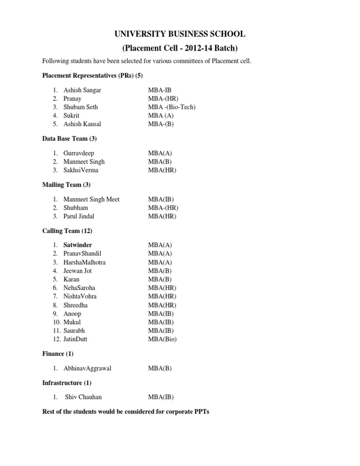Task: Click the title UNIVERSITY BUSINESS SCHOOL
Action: coord(180,34)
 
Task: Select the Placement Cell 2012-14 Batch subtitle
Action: coord(180,48)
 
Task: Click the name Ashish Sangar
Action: coord(82,90)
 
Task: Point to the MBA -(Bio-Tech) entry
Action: coord(172,107)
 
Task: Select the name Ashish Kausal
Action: coord(82,124)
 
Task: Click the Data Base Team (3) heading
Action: coord(69,139)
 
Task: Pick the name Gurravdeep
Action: coord(78,153)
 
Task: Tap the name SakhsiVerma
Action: coord(81,170)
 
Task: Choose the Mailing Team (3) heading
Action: coord(66,185)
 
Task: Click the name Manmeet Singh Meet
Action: coord(91,199)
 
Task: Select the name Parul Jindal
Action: coord(79,216)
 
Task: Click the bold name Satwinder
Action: coord(78,245)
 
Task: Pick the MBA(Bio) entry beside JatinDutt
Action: coord(162,339)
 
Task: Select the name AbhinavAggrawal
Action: coord(87,368)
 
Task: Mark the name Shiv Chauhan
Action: coord(83,397)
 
